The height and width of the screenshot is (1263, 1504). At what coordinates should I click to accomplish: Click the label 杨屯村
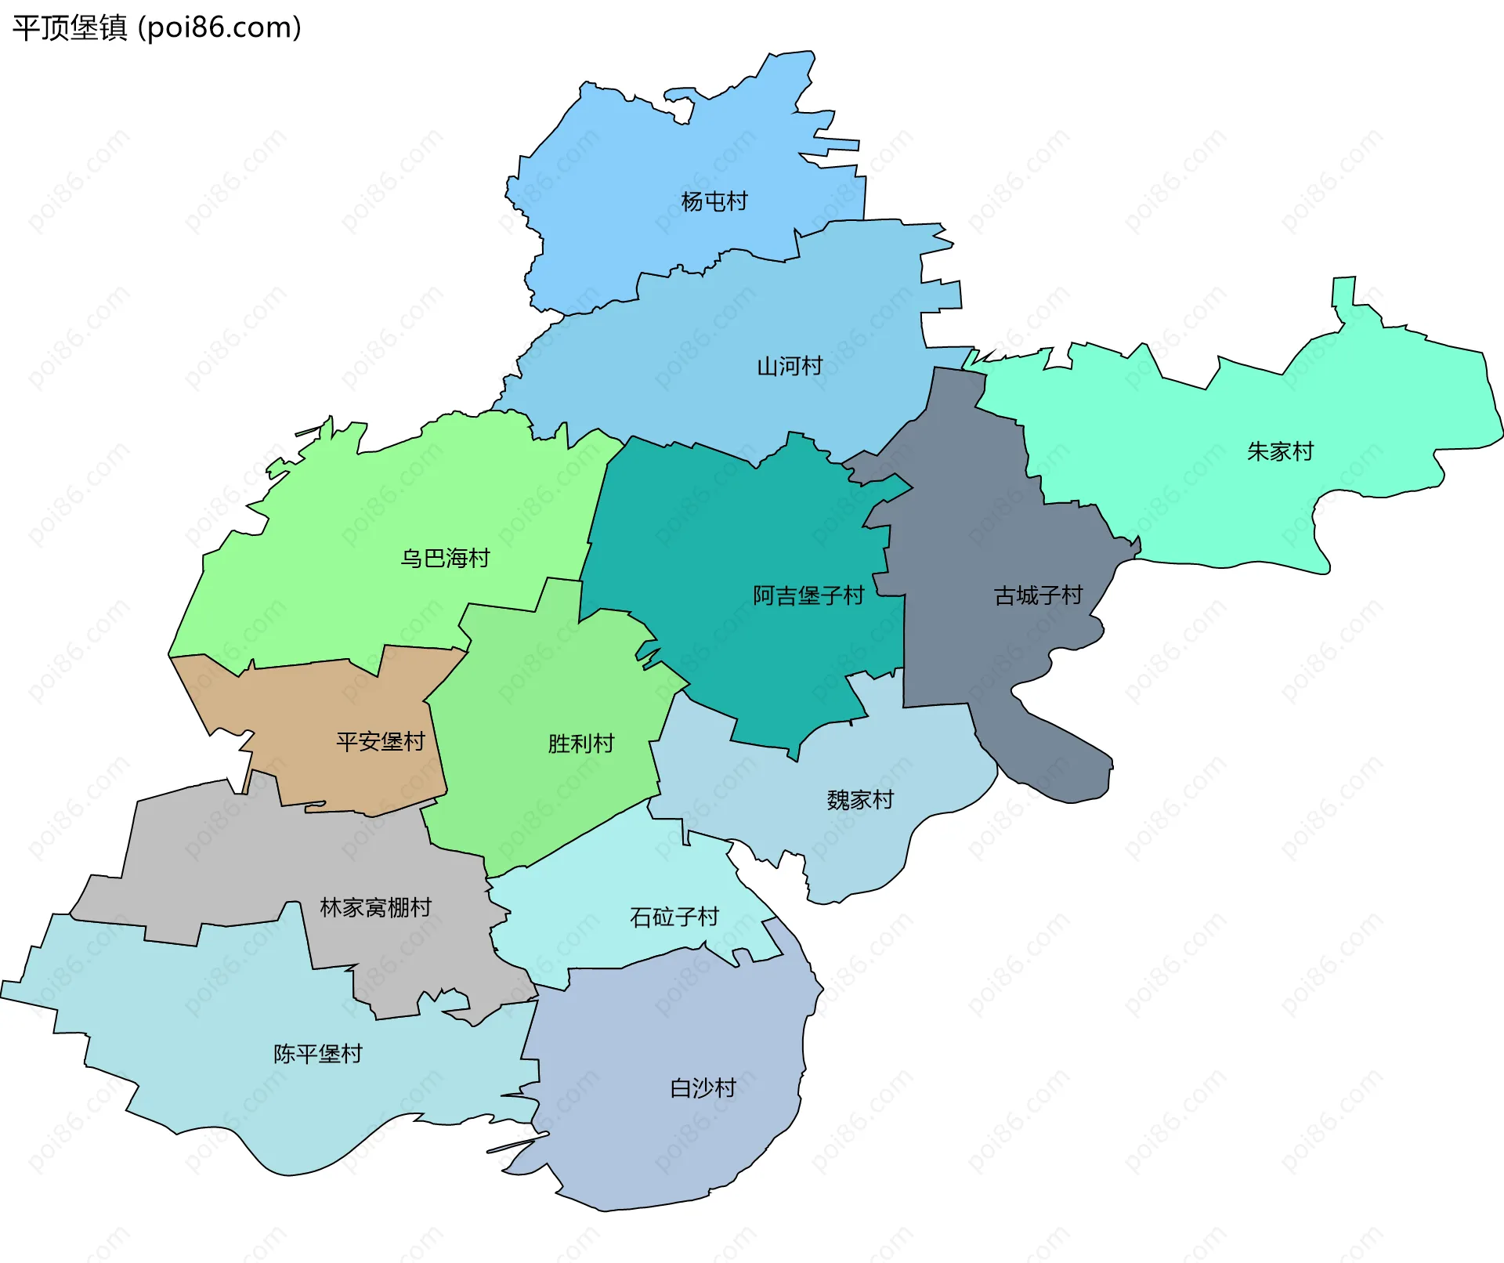714,201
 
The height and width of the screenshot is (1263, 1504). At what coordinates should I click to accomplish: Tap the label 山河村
789,366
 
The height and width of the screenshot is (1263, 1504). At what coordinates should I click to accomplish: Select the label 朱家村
1279,451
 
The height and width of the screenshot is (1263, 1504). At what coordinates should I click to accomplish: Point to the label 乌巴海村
445,558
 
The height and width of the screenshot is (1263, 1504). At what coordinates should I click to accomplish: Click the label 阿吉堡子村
808,595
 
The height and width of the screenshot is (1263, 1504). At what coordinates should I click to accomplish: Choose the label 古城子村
1037,595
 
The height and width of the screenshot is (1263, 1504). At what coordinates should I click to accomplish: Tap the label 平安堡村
380,741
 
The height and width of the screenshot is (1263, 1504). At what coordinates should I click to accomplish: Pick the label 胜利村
580,743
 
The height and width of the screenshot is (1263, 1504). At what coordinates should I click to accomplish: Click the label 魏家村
859,800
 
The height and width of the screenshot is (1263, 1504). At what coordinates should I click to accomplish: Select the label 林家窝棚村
375,907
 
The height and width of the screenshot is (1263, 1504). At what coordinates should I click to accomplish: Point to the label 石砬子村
674,917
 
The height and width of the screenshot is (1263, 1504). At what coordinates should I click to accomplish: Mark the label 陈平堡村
317,1054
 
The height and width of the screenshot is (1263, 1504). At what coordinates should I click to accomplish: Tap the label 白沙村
703,1087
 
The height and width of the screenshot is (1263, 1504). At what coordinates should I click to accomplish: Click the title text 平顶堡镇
69,28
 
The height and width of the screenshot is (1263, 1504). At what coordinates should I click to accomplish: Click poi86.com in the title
219,28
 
